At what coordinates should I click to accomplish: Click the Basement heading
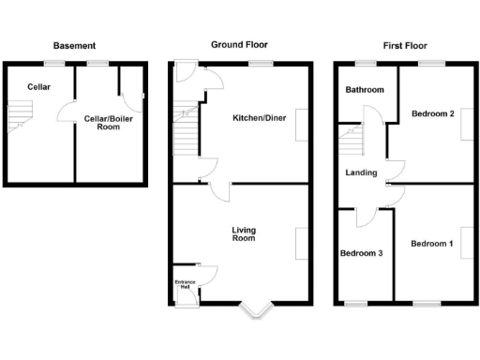[74, 45]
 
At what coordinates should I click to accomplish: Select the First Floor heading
[404, 45]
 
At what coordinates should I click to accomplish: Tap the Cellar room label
[38, 87]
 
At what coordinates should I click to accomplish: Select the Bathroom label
[365, 90]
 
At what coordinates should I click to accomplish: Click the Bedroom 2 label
[433, 113]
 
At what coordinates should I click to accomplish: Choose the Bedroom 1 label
[431, 244]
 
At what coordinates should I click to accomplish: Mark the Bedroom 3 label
[362, 253]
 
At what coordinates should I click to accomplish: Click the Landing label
[361, 172]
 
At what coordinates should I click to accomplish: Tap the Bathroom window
[365, 63]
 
